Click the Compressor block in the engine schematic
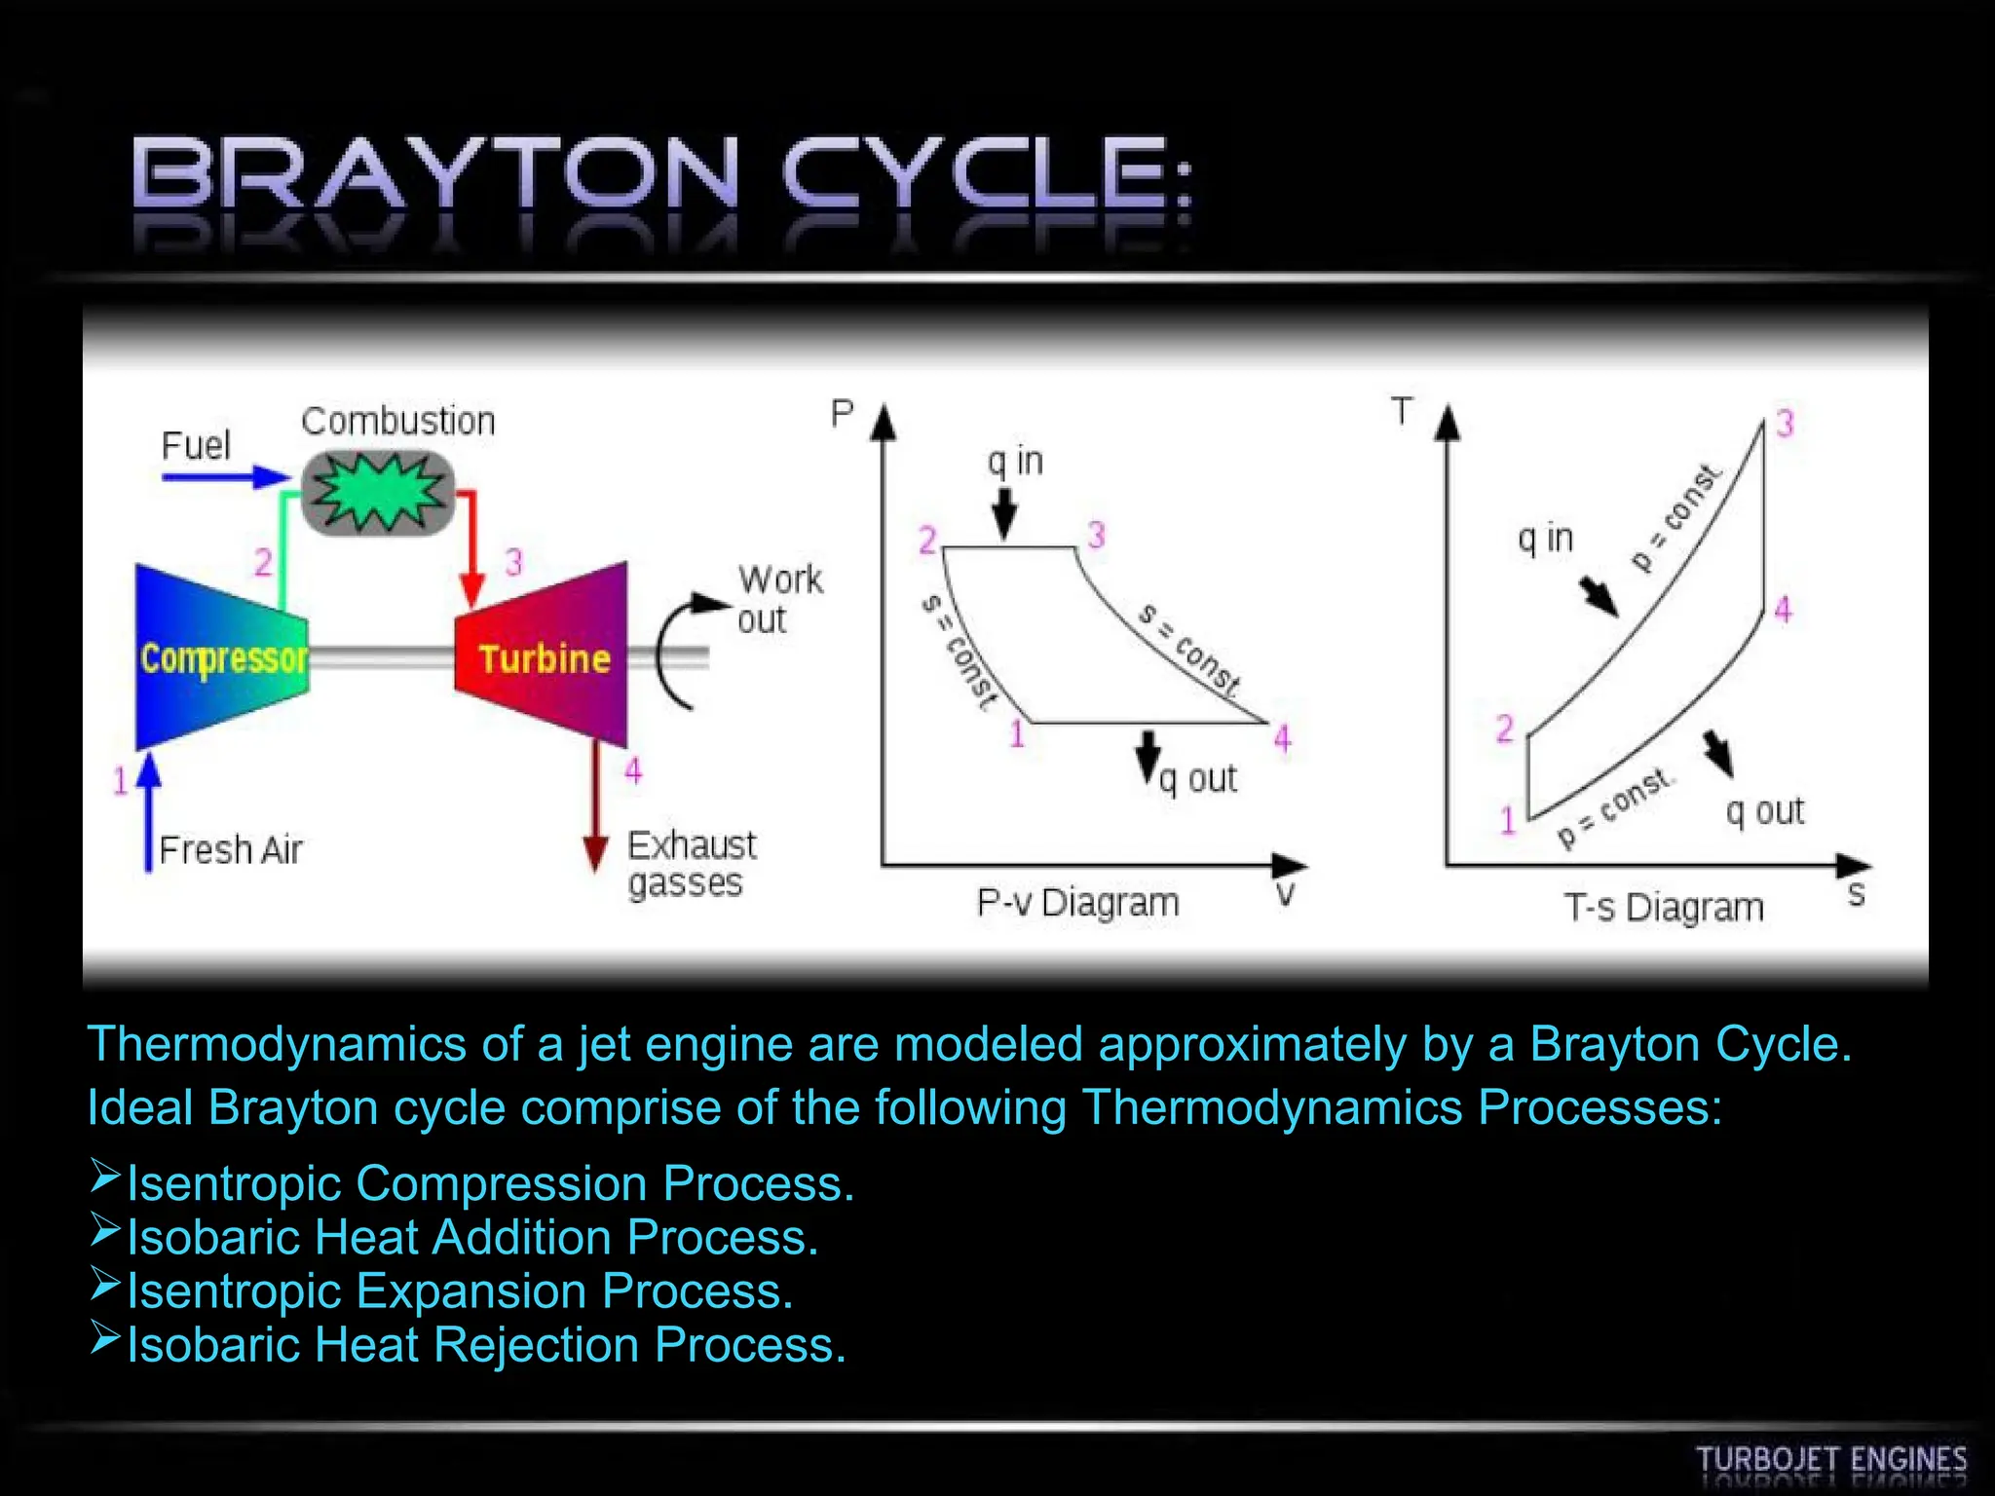click(222, 658)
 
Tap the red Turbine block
click(543, 658)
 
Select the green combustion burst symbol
click(378, 492)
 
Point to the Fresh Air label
click(231, 850)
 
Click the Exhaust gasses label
click(691, 864)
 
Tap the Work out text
click(779, 599)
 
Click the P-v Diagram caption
click(1077, 903)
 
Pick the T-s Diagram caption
click(1664, 907)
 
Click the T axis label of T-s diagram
click(1402, 411)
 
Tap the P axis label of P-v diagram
click(842, 414)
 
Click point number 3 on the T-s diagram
click(1785, 424)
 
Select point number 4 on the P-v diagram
click(1282, 738)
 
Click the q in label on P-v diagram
click(1015, 461)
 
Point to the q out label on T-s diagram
click(1764, 810)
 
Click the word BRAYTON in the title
click(435, 175)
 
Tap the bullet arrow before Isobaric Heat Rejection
click(104, 1338)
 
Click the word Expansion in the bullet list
click(471, 1291)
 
